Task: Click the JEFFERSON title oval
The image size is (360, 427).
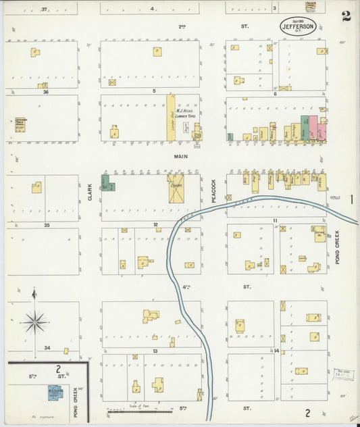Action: pos(302,29)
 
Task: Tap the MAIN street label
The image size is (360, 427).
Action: pos(180,157)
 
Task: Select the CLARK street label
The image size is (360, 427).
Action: pos(89,194)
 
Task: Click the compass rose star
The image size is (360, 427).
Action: pos(34,322)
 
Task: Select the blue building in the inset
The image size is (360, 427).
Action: pos(54,392)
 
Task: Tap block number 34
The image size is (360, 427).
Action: pos(47,348)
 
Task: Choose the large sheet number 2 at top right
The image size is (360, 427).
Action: pos(346,16)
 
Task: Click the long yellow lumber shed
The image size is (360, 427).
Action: pos(170,118)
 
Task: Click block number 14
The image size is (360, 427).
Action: pos(276,351)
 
